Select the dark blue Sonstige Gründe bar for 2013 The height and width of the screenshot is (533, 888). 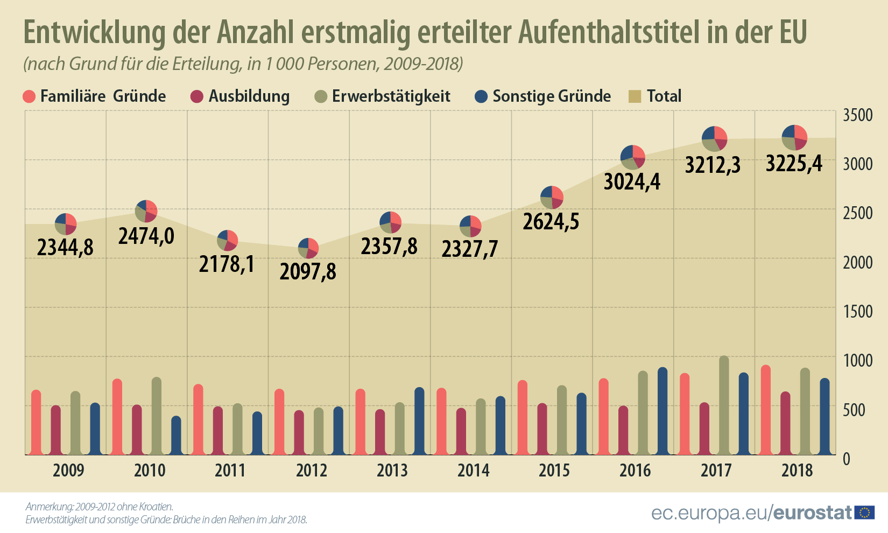click(419, 421)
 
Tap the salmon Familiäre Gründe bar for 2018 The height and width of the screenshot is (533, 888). click(765, 410)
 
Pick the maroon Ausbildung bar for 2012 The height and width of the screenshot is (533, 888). click(299, 432)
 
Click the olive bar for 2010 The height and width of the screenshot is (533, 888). click(156, 416)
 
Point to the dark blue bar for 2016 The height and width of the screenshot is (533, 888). click(663, 411)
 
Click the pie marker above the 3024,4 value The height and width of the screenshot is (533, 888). click(632, 157)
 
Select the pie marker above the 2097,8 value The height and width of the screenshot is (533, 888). click(308, 248)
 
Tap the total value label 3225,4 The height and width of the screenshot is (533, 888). click(794, 163)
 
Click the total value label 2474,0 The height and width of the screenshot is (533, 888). click(146, 236)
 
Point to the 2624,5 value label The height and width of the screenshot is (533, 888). click(551, 221)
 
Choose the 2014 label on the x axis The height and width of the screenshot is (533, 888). click(473, 470)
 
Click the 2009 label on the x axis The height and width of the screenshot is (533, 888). click(68, 470)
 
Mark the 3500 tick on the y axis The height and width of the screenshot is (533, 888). click(858, 115)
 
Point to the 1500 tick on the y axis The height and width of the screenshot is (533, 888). click(858, 311)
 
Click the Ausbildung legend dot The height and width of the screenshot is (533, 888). click(197, 96)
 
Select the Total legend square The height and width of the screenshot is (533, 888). click(635, 96)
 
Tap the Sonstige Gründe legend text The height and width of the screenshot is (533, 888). click(552, 96)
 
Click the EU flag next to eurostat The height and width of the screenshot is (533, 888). click(864, 513)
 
